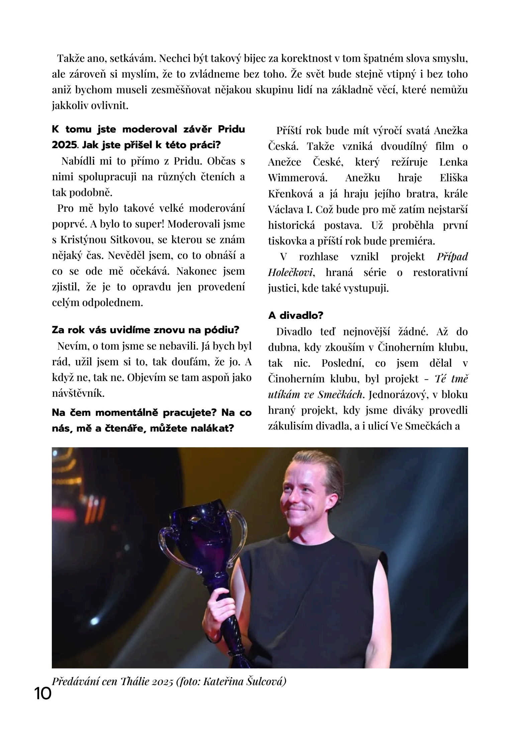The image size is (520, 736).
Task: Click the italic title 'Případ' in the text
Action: pyautogui.click(x=452, y=257)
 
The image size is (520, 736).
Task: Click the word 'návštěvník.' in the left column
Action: pyautogui.click(x=78, y=393)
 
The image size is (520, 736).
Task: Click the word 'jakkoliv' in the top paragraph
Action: pyautogui.click(x=68, y=106)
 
